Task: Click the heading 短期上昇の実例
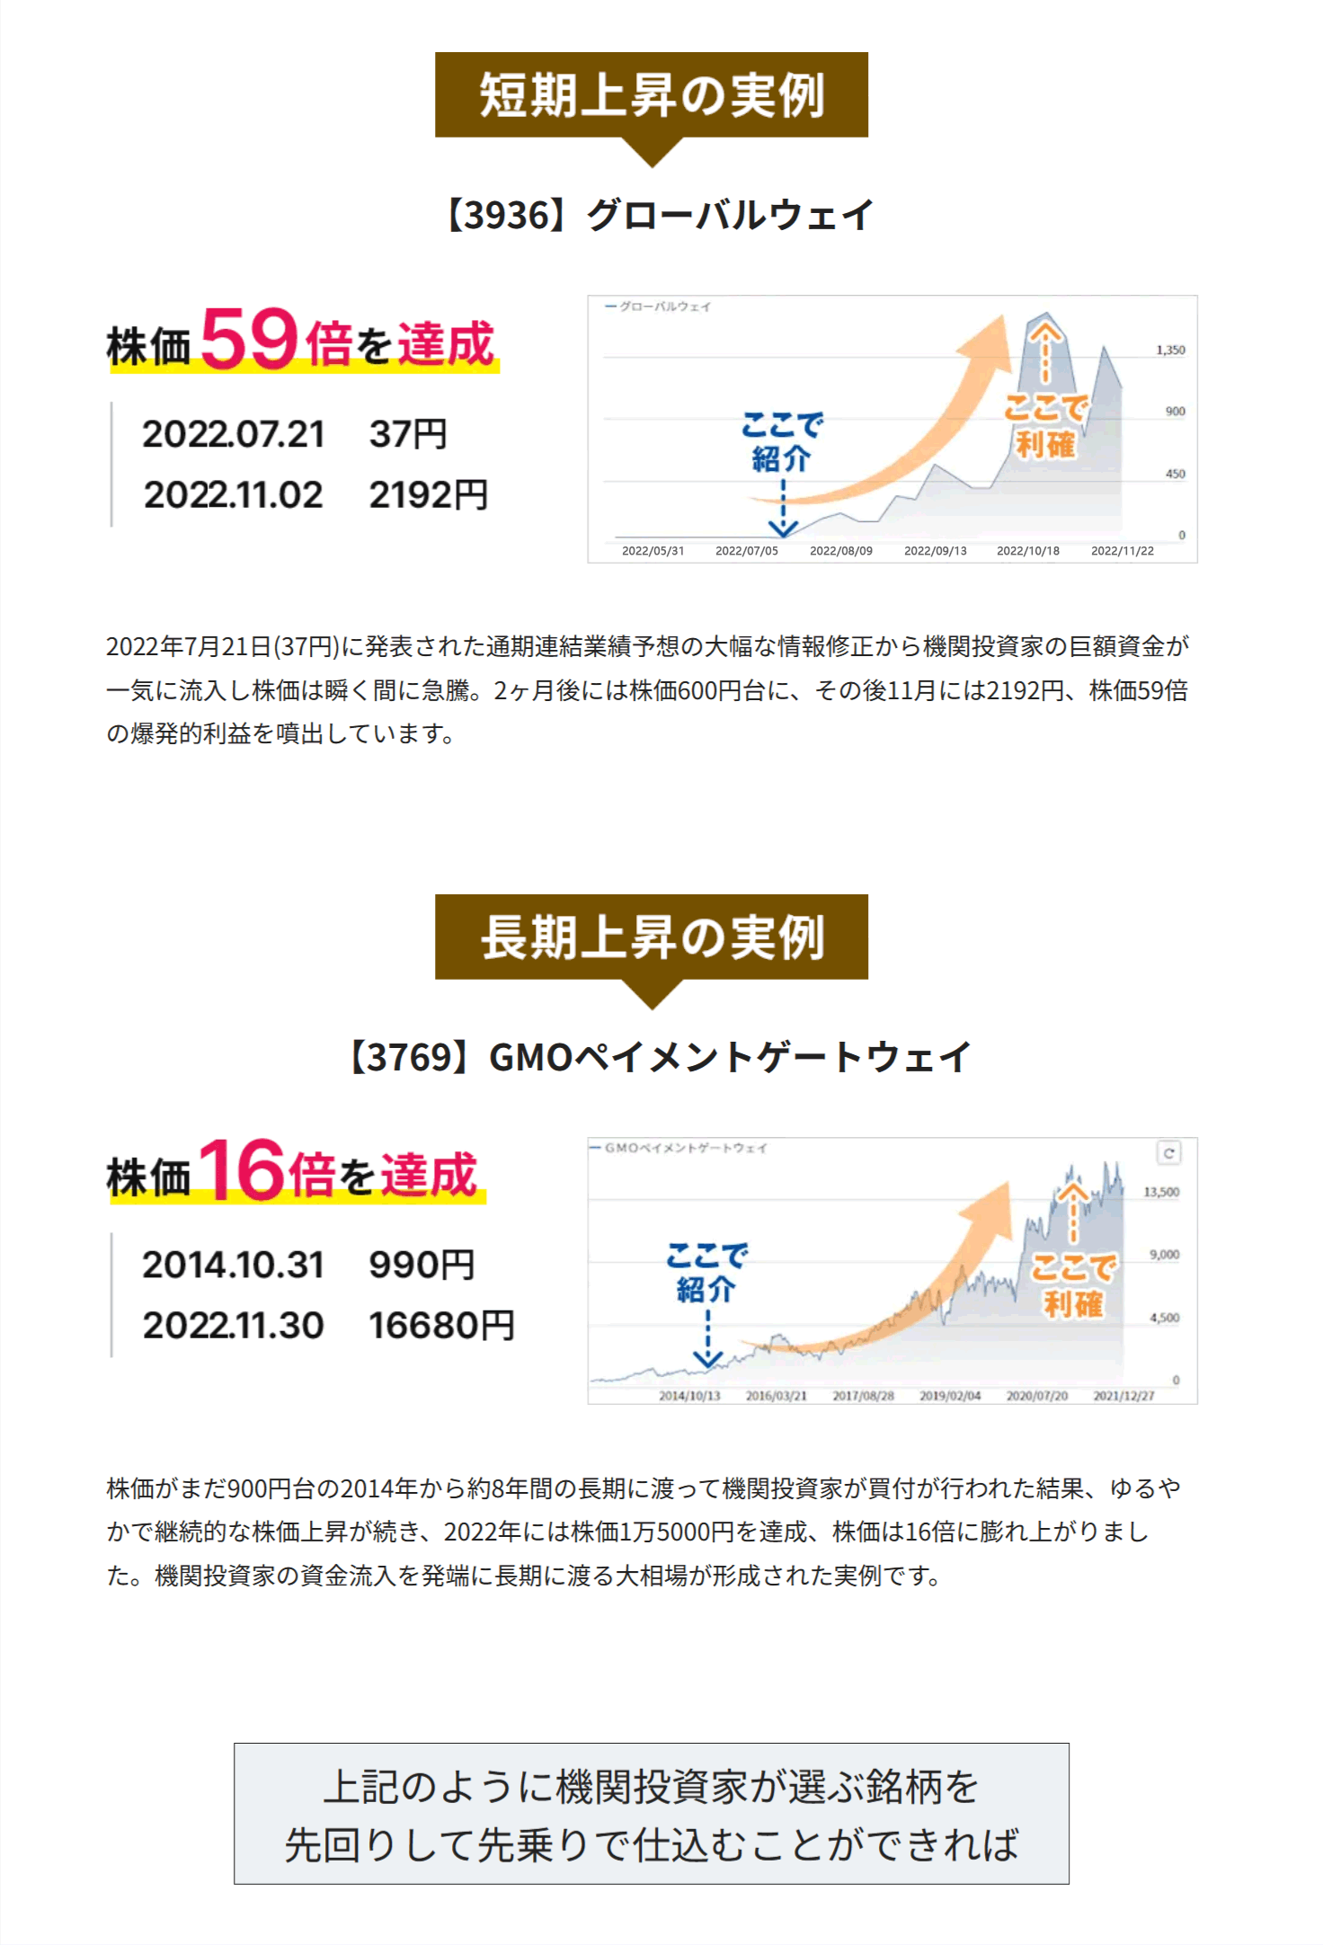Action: (x=652, y=95)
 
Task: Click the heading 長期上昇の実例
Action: (x=652, y=937)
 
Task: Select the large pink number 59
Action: (x=249, y=339)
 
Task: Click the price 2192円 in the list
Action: (x=429, y=495)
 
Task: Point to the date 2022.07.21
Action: (x=234, y=435)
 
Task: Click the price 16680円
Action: (x=441, y=1326)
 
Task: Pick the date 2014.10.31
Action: (x=234, y=1266)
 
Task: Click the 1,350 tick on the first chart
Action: (x=1170, y=351)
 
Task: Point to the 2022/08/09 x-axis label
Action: (x=840, y=551)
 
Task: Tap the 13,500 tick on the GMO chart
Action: (x=1161, y=1193)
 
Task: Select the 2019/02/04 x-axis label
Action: (x=950, y=1396)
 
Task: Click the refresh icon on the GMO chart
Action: (x=1168, y=1153)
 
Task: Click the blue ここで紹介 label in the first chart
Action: (x=782, y=441)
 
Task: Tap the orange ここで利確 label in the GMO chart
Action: (x=1073, y=1285)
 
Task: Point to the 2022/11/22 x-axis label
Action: (x=1122, y=551)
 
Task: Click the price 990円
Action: (x=422, y=1266)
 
